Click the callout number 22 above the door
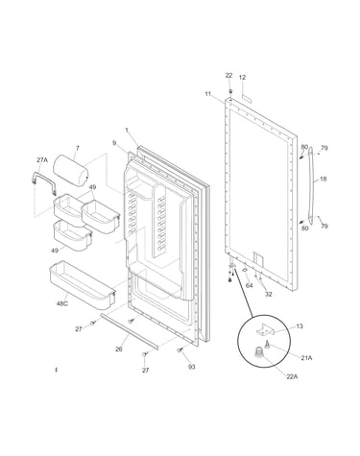tap(228, 76)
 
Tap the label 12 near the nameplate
tap(242, 77)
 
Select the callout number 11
tap(208, 94)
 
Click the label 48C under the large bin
tap(62, 303)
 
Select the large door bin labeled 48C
tap(82, 285)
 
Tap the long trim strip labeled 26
tap(130, 331)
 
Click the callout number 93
tap(191, 367)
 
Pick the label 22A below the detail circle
tap(292, 376)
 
